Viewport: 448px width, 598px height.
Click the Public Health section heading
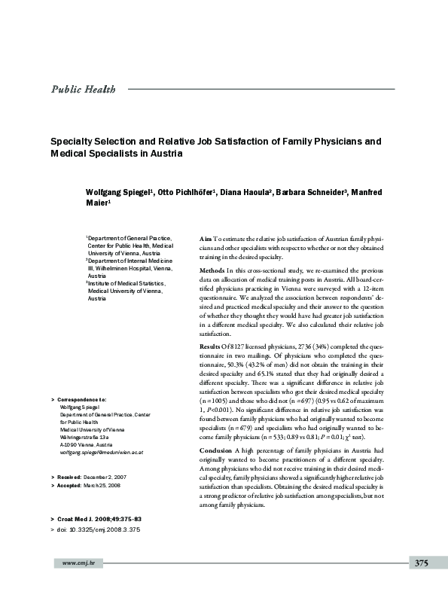click(82, 90)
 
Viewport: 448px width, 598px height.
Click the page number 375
click(421, 584)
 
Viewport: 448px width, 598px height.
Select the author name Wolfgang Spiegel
click(117, 192)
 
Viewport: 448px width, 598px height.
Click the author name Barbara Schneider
click(310, 192)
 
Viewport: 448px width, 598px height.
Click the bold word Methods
click(212, 270)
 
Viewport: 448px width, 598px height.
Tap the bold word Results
click(211, 344)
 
